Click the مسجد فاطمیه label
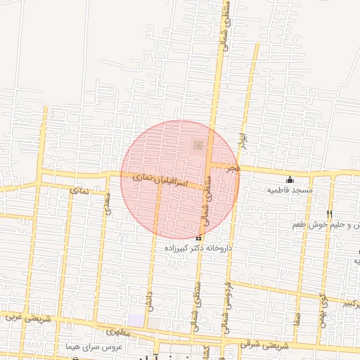click(293, 191)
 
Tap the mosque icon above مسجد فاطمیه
click(290, 179)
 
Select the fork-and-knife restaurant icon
click(329, 214)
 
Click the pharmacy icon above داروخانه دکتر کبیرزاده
click(197, 238)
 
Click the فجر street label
click(233, 169)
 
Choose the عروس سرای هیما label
click(94, 347)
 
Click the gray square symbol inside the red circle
click(198, 145)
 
